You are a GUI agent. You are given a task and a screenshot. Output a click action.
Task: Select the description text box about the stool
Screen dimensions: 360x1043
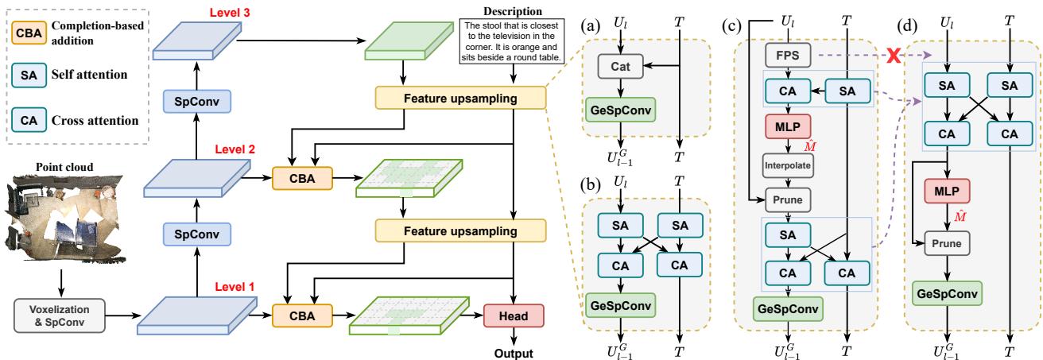click(512, 44)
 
